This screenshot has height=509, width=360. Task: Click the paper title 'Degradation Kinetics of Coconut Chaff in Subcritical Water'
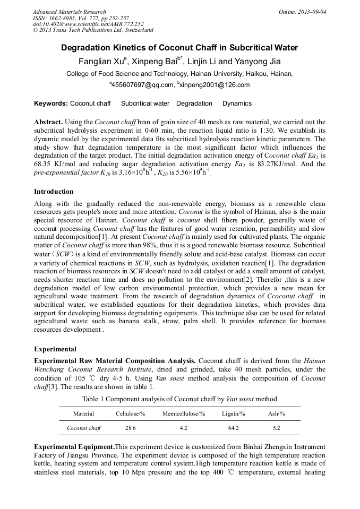click(x=179, y=48)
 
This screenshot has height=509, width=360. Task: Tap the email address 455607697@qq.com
click(x=141, y=85)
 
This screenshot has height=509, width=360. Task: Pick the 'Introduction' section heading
click(x=54, y=191)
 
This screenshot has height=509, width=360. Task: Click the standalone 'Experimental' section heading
click(x=55, y=349)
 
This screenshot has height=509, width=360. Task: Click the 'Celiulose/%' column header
click(x=130, y=413)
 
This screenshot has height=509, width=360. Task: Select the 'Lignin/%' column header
click(x=233, y=413)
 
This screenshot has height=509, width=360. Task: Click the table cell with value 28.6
click(x=130, y=427)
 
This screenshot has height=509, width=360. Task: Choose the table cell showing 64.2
click(x=233, y=427)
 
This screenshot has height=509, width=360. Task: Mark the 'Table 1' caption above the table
click(x=179, y=399)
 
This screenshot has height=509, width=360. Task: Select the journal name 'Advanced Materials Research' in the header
click(x=69, y=12)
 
